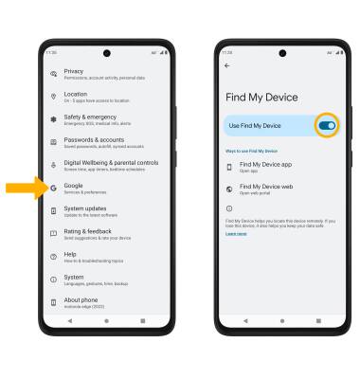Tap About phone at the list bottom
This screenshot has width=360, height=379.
tap(95, 302)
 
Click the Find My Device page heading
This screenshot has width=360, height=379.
tap(261, 97)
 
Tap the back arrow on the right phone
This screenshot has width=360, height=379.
tap(226, 64)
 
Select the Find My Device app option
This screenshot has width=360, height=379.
tap(265, 167)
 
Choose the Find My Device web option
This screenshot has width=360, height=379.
tap(265, 189)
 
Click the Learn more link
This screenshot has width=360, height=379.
tap(235, 233)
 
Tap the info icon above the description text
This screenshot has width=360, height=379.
tap(228, 208)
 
